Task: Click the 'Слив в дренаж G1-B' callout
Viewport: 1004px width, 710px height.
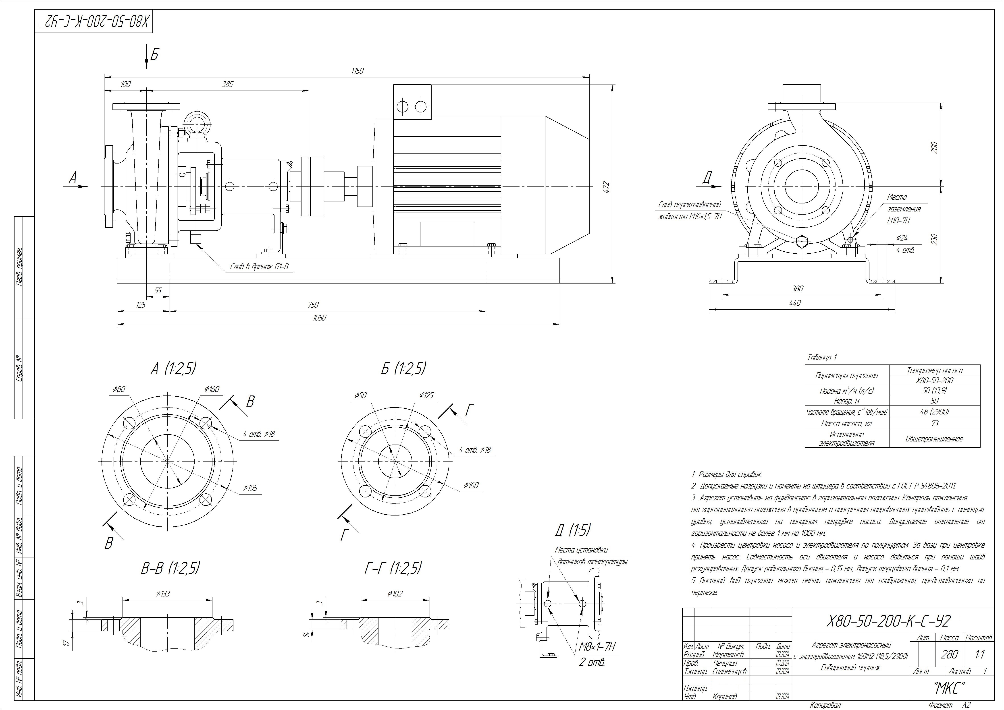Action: pos(259,267)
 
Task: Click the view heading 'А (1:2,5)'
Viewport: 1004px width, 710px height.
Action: pos(173,369)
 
